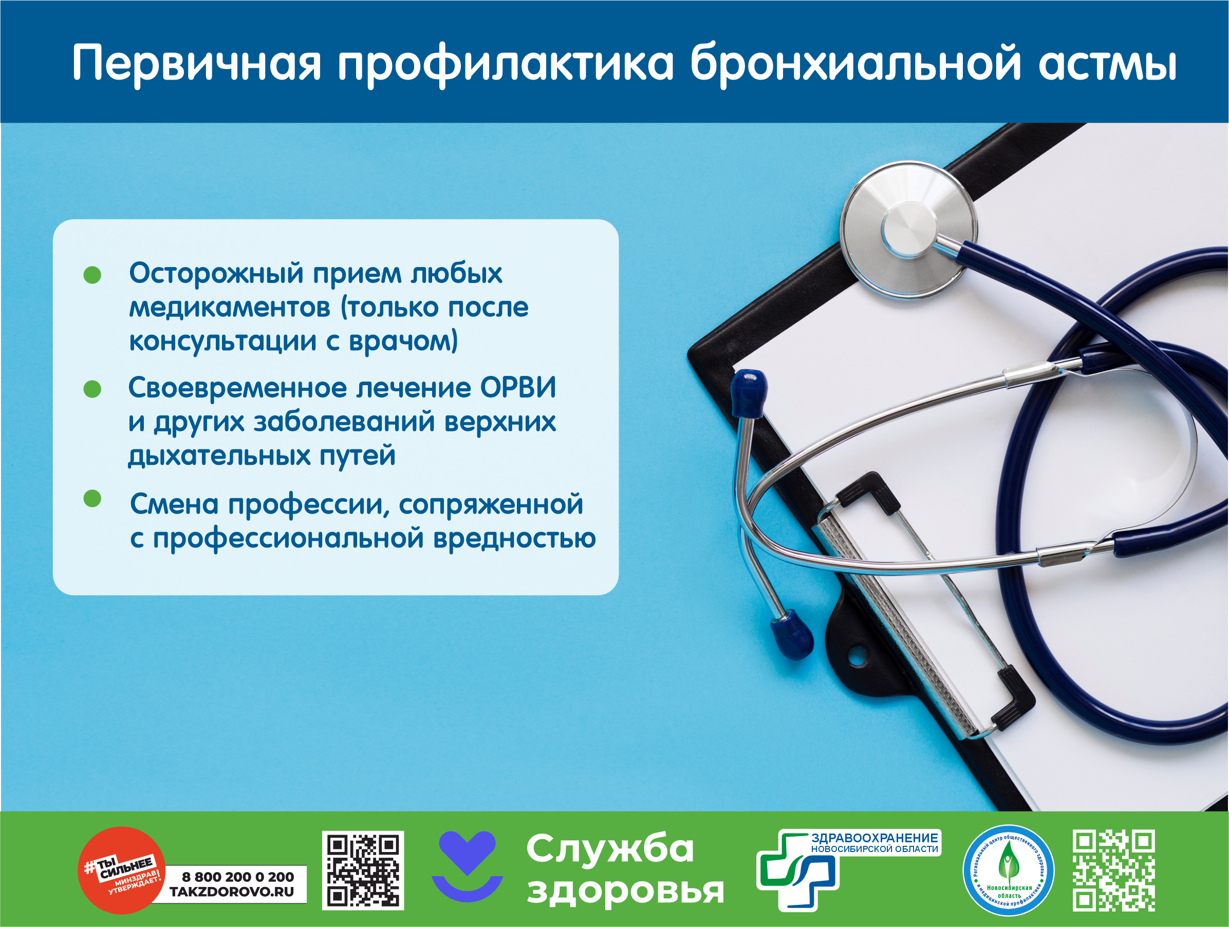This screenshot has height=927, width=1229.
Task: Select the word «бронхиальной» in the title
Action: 855,63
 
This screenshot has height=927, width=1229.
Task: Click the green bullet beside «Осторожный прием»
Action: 92,274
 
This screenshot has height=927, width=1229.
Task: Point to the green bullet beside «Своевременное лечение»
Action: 92,389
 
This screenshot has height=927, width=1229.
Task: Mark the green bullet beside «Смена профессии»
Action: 92,498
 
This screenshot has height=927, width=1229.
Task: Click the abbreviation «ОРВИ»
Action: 518,387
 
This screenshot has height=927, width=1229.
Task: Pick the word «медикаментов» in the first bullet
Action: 230,308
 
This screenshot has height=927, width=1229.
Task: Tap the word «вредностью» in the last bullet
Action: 514,538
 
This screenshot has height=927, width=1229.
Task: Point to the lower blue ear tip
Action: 792,635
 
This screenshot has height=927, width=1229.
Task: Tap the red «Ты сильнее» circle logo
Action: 122,870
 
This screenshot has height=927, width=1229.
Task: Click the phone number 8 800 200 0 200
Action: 238,877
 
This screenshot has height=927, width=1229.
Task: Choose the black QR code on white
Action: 363,871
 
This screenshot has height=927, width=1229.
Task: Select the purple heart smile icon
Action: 467,866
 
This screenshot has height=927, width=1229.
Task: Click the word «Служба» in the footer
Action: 610,849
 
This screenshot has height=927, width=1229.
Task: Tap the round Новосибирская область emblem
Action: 1009,871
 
